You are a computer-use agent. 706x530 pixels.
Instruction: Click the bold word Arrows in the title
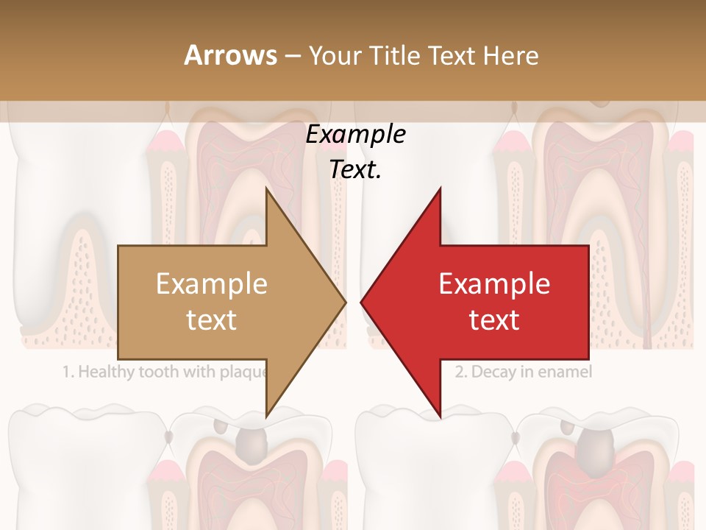pos(230,55)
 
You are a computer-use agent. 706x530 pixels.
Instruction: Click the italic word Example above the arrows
pos(356,135)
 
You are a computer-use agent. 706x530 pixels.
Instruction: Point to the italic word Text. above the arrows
pos(356,170)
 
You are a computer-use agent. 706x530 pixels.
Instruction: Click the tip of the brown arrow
pos(346,303)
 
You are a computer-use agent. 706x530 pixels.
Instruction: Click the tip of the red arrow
pos(361,303)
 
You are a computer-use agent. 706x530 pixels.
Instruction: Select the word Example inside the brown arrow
pos(212,284)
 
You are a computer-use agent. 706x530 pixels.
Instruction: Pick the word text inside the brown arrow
pos(212,320)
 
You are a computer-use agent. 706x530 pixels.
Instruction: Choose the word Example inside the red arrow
pos(494,284)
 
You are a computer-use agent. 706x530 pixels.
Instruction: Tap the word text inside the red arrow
pos(494,320)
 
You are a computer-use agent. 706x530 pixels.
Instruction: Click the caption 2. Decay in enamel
pos(523,372)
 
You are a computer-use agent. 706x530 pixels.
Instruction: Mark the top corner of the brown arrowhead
pos(266,189)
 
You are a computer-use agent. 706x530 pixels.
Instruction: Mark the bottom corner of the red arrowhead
pos(441,417)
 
